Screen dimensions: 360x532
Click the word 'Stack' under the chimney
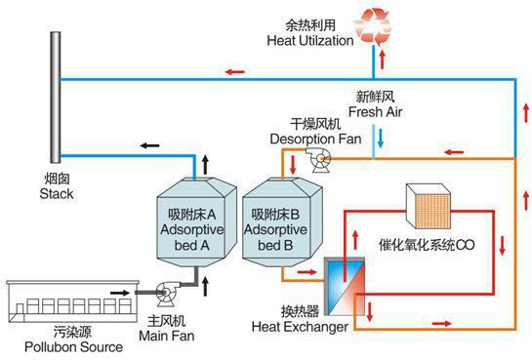pos(57,194)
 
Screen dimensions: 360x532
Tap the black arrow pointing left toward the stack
pos(149,146)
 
